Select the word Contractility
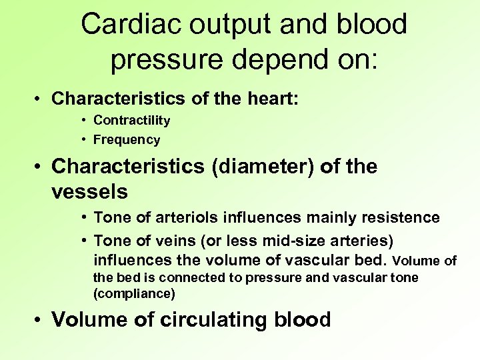click(131, 121)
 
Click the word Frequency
click(127, 140)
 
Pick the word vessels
click(89, 192)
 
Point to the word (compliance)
click(134, 293)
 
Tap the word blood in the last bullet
click(302, 320)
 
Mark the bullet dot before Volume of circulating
click(40, 321)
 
